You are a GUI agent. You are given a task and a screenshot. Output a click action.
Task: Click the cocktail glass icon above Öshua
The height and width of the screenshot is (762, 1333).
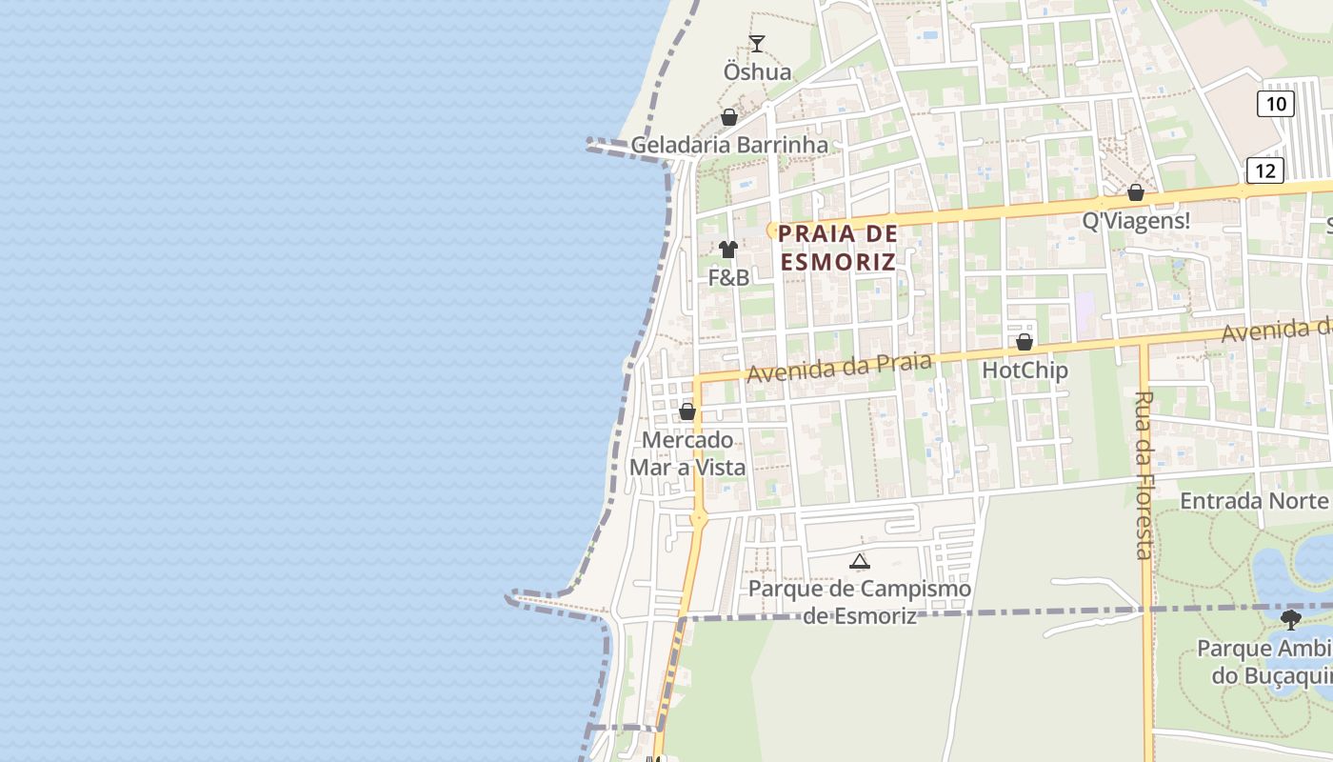tap(757, 43)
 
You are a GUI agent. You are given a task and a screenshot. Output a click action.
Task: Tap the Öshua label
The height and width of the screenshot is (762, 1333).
tap(757, 72)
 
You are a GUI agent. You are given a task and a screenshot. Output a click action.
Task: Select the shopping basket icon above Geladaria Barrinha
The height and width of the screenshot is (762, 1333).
tap(729, 117)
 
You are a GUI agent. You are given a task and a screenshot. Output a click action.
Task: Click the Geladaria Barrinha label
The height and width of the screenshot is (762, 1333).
tap(729, 146)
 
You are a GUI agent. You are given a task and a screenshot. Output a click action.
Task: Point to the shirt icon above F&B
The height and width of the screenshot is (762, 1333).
tap(728, 250)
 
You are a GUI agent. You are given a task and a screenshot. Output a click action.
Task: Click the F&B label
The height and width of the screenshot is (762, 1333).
tap(728, 278)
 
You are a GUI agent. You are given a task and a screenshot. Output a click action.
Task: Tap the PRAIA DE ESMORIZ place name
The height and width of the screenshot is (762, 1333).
tap(838, 248)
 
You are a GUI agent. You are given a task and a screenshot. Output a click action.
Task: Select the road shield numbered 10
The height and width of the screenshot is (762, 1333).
tap(1275, 104)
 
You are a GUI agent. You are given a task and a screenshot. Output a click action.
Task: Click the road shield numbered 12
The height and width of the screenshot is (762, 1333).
tap(1264, 170)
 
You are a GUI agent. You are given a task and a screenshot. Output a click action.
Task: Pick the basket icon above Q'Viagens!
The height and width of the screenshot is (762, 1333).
tap(1135, 192)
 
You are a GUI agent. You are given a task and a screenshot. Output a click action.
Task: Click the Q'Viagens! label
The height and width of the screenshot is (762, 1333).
tap(1136, 221)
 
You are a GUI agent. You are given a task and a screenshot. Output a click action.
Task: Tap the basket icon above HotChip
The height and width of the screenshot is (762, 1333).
tap(1025, 342)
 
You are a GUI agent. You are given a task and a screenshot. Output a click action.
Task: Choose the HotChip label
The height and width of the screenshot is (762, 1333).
tap(1025, 370)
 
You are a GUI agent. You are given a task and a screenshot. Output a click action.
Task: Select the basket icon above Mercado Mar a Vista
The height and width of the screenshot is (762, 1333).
tap(686, 412)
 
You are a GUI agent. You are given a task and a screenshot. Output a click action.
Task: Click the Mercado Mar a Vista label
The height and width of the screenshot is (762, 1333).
tap(687, 453)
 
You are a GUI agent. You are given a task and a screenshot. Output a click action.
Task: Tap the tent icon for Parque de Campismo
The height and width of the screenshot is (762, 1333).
tap(860, 561)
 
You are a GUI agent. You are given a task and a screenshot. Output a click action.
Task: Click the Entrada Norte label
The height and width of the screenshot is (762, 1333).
tap(1255, 501)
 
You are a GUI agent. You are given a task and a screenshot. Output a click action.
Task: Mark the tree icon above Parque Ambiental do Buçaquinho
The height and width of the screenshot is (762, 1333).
tap(1291, 620)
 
